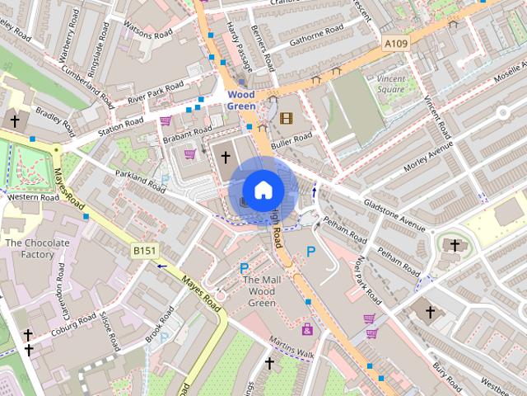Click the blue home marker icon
coord(263,190)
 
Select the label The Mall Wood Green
coord(262,292)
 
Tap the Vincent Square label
coord(392,83)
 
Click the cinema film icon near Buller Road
coord(286,118)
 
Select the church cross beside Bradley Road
coord(14,121)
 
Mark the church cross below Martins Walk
coord(269,363)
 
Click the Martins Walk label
coord(292,348)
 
